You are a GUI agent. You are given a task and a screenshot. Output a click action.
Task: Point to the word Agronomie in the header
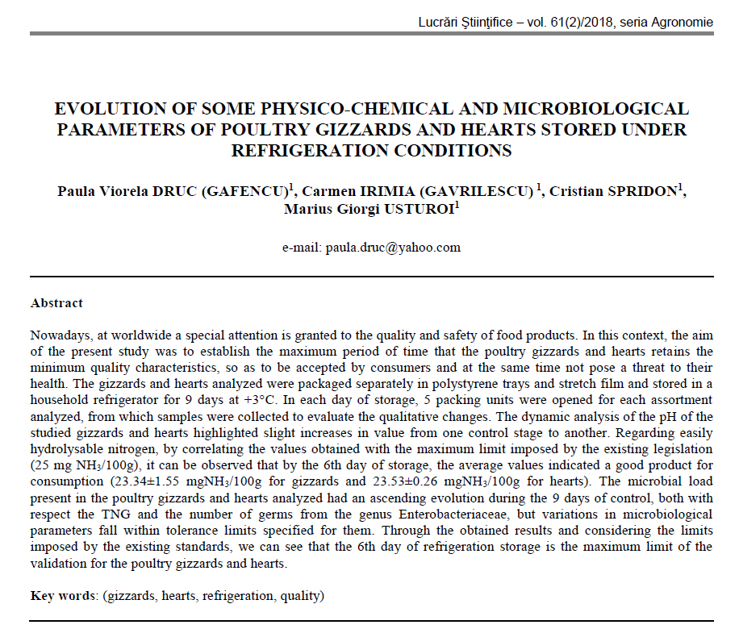click(x=684, y=22)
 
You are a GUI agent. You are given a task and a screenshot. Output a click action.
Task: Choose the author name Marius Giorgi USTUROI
click(x=369, y=210)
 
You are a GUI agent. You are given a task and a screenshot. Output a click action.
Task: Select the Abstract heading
click(x=56, y=303)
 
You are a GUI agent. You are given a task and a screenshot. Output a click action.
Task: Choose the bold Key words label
click(x=64, y=597)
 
